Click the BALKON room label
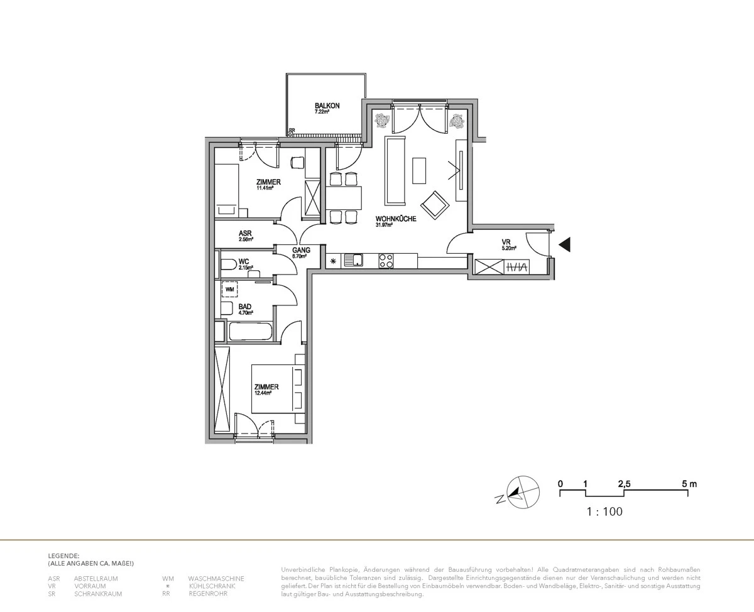coord(327,106)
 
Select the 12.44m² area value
coord(263,393)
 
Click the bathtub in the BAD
coord(250,332)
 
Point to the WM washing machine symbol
coord(230,290)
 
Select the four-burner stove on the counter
coord(386,260)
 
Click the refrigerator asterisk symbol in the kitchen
coord(332,261)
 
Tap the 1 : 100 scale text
coord(604,512)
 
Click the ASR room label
coord(245,232)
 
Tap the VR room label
coord(506,242)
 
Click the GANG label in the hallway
coord(301,249)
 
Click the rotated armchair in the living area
coord(435,205)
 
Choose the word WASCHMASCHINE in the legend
coord(216,578)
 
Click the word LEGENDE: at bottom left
coord(63,556)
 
